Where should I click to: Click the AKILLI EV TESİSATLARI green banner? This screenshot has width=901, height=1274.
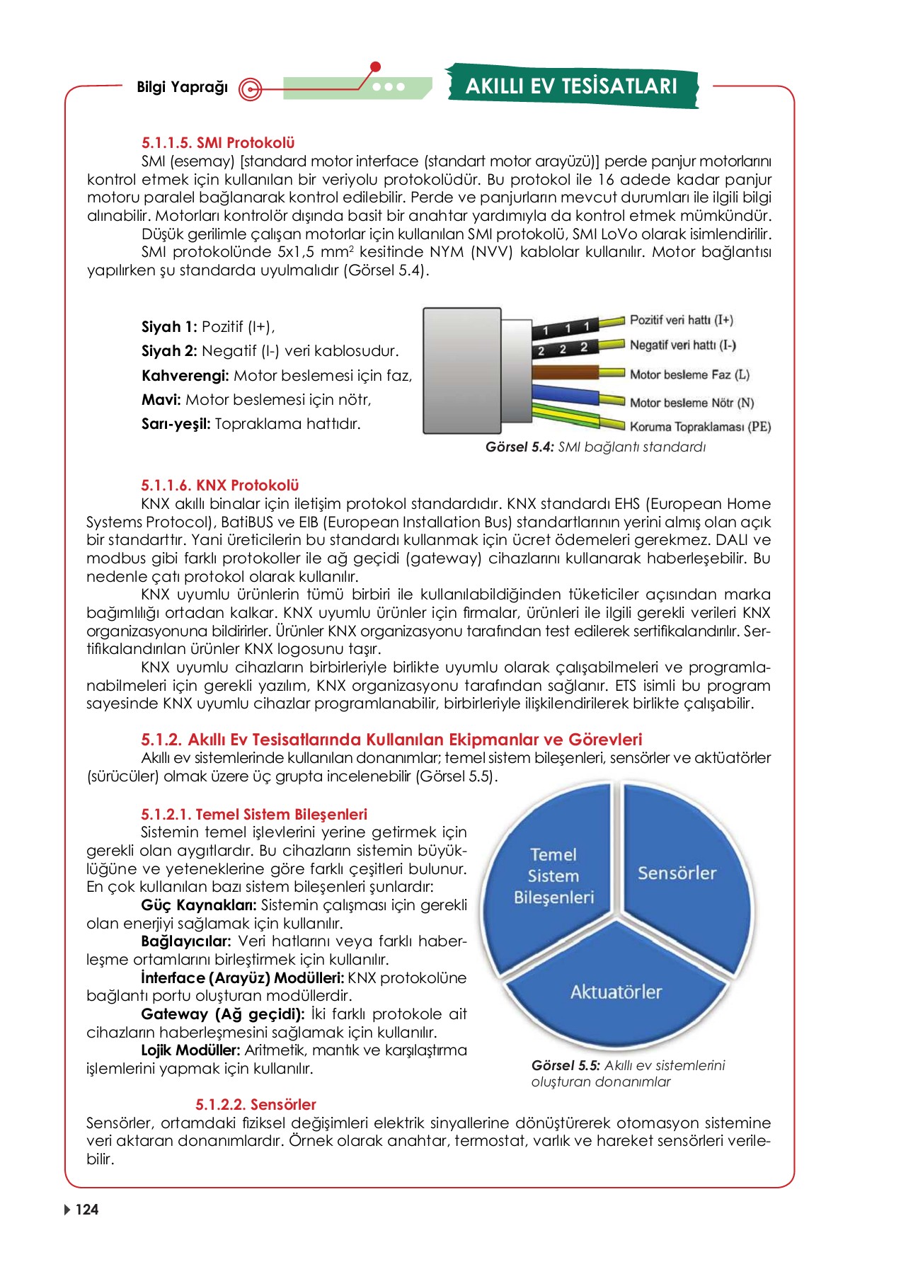[x=572, y=86]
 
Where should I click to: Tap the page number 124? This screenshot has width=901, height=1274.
[x=86, y=1210]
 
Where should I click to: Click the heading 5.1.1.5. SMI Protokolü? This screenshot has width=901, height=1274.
[x=217, y=143]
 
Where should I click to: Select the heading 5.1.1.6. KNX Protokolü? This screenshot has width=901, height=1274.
[x=219, y=486]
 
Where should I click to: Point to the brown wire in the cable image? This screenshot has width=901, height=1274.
[x=566, y=373]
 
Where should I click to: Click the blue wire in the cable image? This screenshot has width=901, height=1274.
[x=566, y=396]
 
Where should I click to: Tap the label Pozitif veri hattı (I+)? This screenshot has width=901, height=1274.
[x=681, y=320]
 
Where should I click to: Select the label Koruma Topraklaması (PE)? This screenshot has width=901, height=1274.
[x=699, y=427]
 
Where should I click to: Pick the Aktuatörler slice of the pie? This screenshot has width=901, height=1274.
[x=616, y=992]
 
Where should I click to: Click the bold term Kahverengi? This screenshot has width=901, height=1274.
[x=185, y=376]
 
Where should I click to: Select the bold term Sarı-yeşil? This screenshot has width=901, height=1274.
[x=176, y=425]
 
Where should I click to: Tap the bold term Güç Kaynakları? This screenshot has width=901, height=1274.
[x=198, y=905]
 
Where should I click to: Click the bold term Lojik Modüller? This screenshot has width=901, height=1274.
[x=190, y=1050]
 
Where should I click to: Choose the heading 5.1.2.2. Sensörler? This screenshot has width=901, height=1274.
[x=256, y=1105]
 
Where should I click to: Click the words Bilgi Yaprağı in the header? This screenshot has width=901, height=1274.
[x=182, y=87]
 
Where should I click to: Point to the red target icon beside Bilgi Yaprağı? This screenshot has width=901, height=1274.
[x=250, y=89]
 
